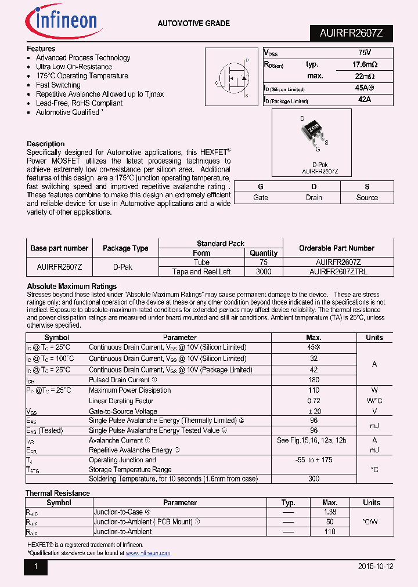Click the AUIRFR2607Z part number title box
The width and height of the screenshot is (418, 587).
pos(351,34)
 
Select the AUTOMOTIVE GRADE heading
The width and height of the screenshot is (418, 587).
pos(194,24)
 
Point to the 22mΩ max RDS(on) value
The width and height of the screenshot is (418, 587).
pos(365,76)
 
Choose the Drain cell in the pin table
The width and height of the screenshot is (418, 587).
pos(314,197)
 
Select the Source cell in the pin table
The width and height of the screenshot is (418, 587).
pos(367,197)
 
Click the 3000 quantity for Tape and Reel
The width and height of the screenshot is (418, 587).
pos(264,271)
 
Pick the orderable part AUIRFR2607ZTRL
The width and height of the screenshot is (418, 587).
pos(338,271)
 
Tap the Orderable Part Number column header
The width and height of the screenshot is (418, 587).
pos(337,248)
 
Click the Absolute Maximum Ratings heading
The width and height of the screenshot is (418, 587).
pos(72,287)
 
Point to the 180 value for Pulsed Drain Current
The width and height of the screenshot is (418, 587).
pos(314,380)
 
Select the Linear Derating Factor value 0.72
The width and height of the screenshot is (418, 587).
pos(314,401)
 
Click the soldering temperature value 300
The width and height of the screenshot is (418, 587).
pos(314,479)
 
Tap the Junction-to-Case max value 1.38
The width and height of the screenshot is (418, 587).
pos(330,512)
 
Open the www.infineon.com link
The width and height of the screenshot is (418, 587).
pos(148,553)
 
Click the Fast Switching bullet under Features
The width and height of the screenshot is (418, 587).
pos(58,85)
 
